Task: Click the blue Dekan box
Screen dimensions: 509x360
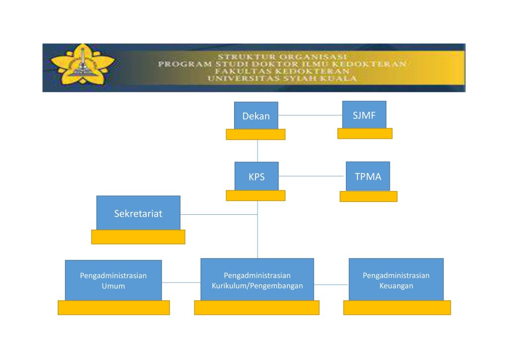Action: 256,115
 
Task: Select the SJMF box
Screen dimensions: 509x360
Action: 364,114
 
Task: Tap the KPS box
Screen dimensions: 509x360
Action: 256,176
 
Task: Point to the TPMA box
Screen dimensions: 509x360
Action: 368,176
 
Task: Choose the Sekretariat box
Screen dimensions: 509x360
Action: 138,213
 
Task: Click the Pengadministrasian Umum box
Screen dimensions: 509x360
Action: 113,280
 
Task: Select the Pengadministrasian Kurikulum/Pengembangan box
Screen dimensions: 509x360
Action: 257,280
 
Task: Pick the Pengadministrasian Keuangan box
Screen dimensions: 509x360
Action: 396,280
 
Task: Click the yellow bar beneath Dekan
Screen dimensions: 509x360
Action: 256,134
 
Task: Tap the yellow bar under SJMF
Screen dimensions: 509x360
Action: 365,133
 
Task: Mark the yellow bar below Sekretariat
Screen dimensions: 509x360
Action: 138,237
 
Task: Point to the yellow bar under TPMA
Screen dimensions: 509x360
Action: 368,196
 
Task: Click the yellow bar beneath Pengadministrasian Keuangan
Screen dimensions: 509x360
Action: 397,308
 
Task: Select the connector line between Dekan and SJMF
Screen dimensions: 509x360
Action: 310,115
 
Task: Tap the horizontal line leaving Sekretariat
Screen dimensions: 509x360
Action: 219,215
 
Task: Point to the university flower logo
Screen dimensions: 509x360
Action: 83,64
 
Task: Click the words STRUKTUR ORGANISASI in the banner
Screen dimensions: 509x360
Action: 282,57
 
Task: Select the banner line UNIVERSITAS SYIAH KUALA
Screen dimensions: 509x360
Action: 282,78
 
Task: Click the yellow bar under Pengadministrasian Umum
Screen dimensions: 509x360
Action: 114,308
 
